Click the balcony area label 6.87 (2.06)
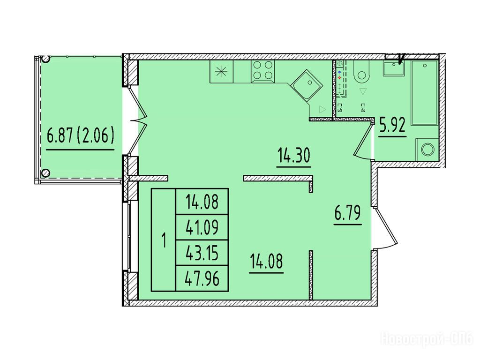[81, 135]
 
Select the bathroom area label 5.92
[392, 125]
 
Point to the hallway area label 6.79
[348, 213]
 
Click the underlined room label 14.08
[266, 262]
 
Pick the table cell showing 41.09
[202, 227]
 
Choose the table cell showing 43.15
[202, 253]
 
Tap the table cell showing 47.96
[202, 278]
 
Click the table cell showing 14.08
[202, 202]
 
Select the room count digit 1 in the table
[164, 240]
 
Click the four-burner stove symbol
[262, 71]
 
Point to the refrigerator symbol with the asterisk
[221, 71]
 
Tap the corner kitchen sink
[307, 85]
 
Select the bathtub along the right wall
[425, 92]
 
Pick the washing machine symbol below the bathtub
[427, 150]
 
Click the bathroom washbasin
[393, 68]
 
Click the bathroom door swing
[363, 141]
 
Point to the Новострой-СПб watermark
[427, 339]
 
